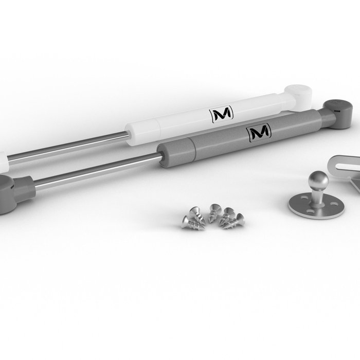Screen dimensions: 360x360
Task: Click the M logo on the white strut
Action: [221, 113]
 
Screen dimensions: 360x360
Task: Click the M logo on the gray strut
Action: [259, 132]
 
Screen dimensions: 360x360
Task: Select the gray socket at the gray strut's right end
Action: [338, 114]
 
